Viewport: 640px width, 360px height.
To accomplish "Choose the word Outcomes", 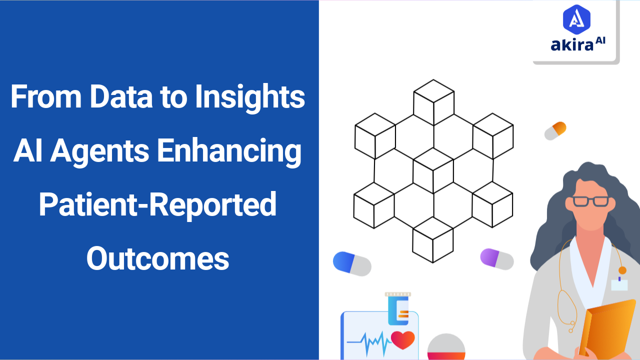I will click(x=157, y=258).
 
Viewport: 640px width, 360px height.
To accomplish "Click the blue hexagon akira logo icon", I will click(x=576, y=19).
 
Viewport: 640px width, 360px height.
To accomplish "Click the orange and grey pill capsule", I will click(x=555, y=130).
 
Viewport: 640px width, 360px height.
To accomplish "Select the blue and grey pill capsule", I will click(x=352, y=263).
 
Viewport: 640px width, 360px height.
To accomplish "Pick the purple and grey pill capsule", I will click(x=496, y=258).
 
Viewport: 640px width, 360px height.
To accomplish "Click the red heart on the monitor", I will click(x=402, y=339).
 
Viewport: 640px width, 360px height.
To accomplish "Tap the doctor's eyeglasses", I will click(x=590, y=201).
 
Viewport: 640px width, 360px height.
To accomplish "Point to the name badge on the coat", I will click(x=619, y=284).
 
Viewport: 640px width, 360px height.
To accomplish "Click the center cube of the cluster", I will click(x=433, y=170).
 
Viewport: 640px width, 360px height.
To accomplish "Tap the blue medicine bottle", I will click(x=398, y=308).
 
